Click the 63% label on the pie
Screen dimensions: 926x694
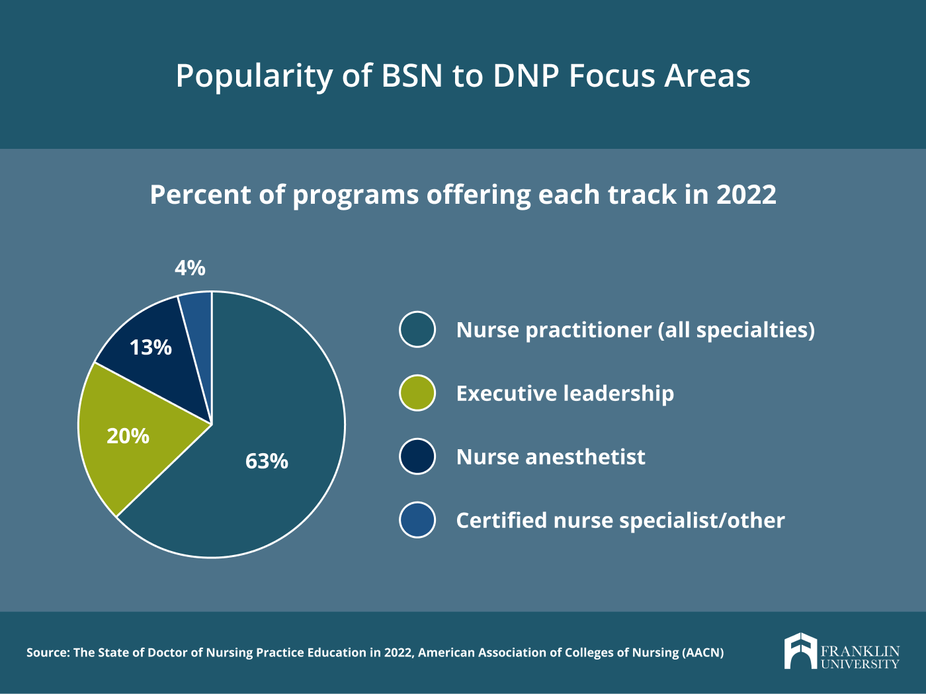click(267, 461)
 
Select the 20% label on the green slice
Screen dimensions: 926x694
click(128, 436)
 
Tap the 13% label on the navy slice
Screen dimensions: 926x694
click(151, 347)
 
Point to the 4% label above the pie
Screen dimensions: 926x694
click(190, 268)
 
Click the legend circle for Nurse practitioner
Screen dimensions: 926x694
click(417, 329)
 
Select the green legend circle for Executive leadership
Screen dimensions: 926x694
click(417, 393)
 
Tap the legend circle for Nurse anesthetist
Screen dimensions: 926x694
click(417, 456)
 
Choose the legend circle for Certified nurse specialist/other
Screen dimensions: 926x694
click(417, 520)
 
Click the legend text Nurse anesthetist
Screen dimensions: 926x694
click(550, 457)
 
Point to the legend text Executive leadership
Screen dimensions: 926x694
click(565, 394)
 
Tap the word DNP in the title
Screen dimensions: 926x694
click(526, 76)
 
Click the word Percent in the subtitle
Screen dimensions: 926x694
click(201, 195)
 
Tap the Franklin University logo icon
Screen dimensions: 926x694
click(801, 650)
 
